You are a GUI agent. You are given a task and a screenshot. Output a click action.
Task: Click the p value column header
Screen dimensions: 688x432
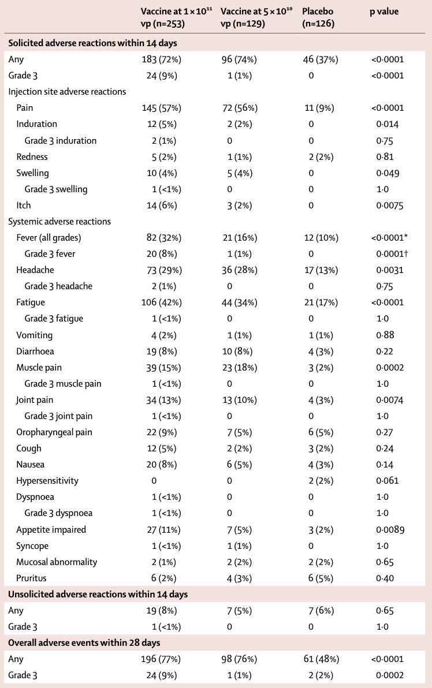(384, 12)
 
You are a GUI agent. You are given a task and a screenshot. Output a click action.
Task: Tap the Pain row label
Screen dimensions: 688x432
(25, 108)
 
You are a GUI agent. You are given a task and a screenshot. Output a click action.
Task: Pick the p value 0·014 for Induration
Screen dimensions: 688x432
(387, 124)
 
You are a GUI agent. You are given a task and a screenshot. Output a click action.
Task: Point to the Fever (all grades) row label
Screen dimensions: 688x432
(49, 238)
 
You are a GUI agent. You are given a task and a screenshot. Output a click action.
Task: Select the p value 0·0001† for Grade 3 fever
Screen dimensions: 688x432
(389, 254)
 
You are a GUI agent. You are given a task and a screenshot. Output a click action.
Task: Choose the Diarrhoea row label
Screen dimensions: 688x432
(36, 352)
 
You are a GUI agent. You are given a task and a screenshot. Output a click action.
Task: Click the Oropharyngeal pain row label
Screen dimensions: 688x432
(54, 432)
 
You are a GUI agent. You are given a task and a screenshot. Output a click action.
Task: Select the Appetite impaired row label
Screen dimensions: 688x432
(51, 530)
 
